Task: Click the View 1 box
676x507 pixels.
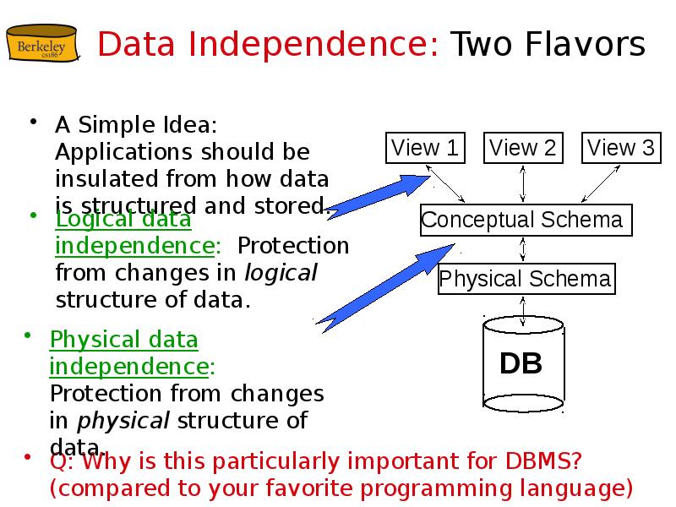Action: click(424, 149)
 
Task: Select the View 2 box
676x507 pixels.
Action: click(523, 149)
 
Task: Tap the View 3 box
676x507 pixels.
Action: click(621, 149)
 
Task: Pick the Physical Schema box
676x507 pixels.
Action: click(525, 279)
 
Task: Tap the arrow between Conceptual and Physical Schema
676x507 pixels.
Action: click(524, 249)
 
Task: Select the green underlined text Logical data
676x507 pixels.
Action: click(123, 220)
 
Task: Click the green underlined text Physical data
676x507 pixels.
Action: click(124, 340)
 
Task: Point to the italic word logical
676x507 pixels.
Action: click(281, 273)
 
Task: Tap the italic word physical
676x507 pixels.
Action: click(123, 421)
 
